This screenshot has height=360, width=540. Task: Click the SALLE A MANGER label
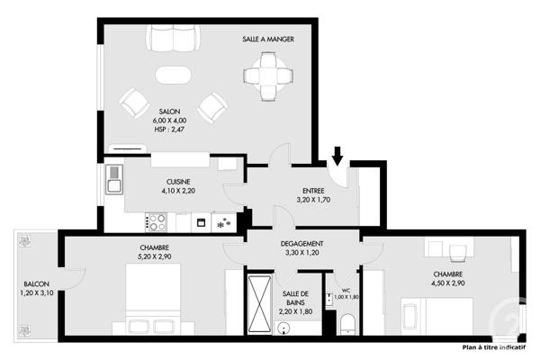[x=268, y=40]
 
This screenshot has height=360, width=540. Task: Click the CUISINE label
[x=178, y=181]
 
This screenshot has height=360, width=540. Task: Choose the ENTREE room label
[x=313, y=190]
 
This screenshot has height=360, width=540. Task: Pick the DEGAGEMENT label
[x=302, y=244]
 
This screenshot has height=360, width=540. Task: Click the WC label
[x=346, y=290]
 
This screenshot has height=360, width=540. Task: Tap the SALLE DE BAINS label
[x=296, y=301]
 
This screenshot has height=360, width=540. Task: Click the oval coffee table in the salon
[x=173, y=75]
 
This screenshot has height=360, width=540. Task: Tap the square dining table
[x=268, y=76]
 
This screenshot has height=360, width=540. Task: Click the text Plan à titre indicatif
[x=493, y=346]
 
